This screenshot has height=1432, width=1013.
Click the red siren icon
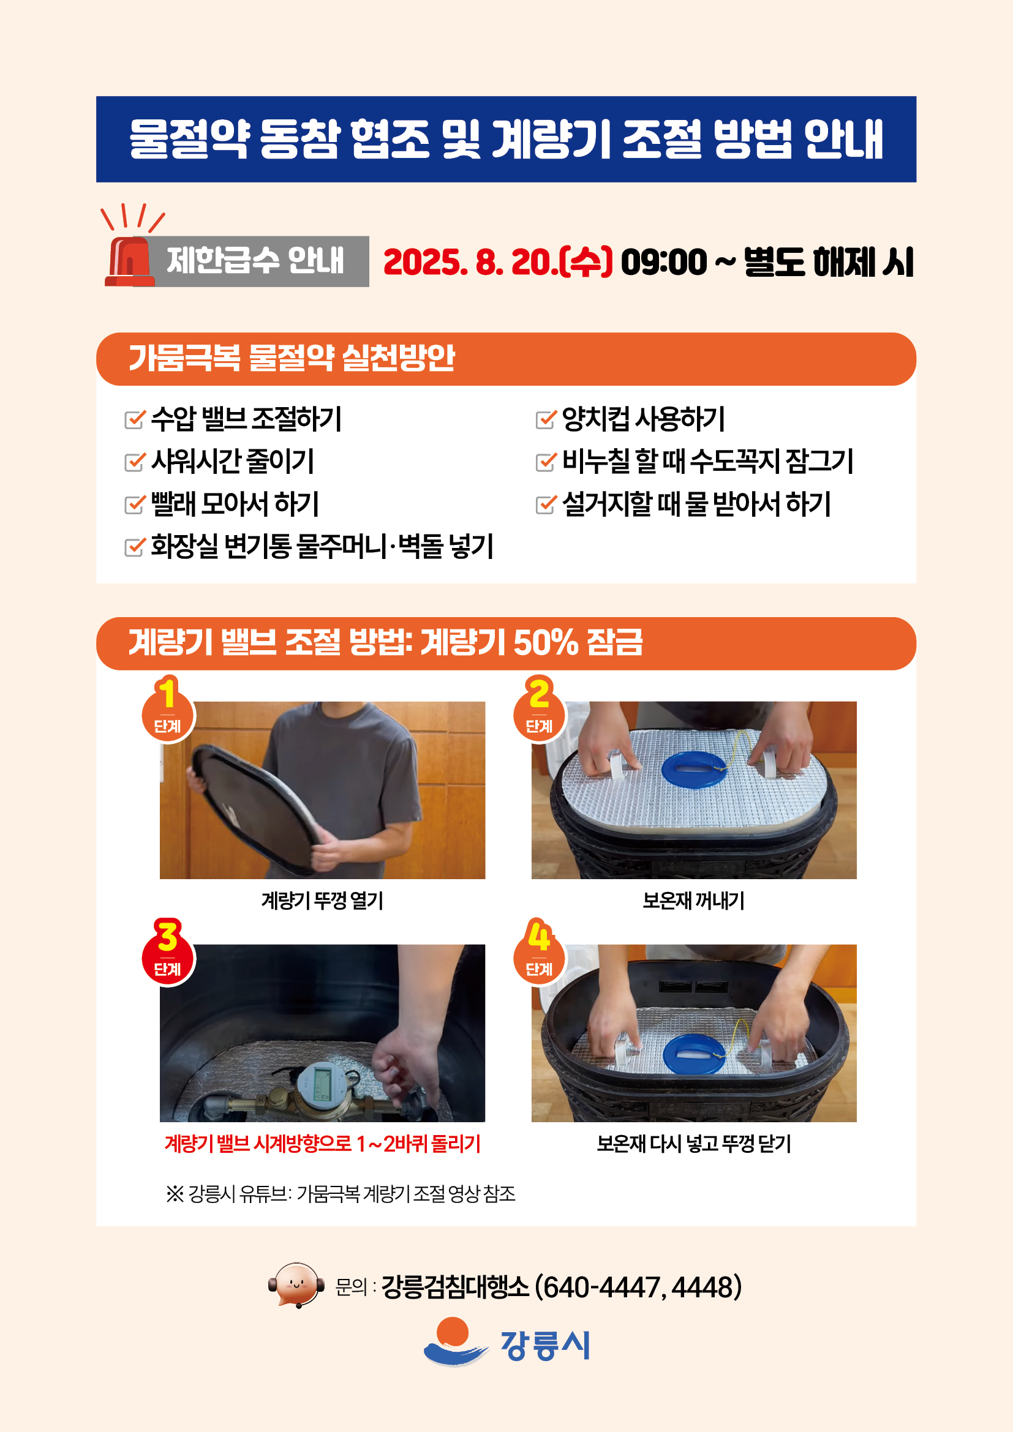(x=130, y=262)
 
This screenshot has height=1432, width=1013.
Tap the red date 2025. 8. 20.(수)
(x=498, y=262)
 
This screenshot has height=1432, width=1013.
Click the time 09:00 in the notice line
(x=663, y=262)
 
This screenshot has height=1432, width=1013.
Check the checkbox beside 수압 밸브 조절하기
(x=135, y=419)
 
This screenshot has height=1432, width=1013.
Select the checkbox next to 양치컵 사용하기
(x=545, y=419)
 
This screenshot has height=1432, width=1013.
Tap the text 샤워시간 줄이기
(x=232, y=461)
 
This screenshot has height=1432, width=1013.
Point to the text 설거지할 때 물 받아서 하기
(x=696, y=504)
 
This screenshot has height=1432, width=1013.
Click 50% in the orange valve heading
(x=546, y=642)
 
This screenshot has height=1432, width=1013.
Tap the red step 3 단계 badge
(x=168, y=954)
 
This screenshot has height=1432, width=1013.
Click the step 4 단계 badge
(x=539, y=954)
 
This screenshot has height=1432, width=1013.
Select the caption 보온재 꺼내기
(x=693, y=901)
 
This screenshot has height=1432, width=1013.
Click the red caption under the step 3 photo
(x=322, y=1144)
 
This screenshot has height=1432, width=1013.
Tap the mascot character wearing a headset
(x=296, y=1285)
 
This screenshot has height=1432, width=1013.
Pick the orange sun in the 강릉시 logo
(x=453, y=1331)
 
